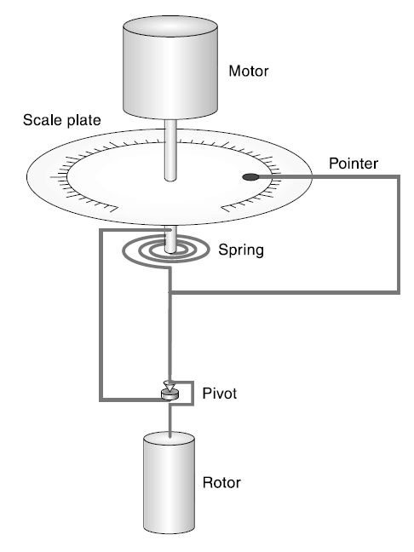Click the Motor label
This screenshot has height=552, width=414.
coord(249,71)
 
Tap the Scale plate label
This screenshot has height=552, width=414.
coord(62,120)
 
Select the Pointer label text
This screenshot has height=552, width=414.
coord(354,164)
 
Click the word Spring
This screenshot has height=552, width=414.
coord(241,250)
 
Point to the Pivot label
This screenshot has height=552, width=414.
coord(219,394)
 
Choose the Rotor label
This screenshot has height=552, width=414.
coord(221,482)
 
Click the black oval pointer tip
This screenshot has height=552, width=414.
coord(251,177)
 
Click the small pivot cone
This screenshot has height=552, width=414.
coord(170,386)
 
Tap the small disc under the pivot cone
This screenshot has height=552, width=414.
coord(170,394)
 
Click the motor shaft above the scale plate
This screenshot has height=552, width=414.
coord(170,151)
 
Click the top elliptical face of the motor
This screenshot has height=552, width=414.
coord(170,26)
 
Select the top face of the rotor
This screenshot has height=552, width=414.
coord(169,440)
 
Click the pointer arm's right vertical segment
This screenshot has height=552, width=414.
coord(399,234)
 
